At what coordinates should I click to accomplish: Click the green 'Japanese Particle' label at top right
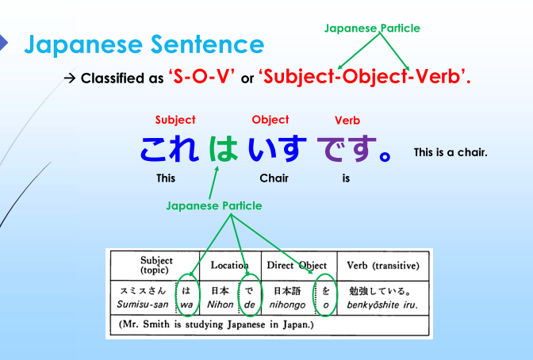(372, 29)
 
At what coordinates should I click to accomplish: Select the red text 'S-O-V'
(201, 78)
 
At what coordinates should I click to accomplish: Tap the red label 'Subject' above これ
(175, 120)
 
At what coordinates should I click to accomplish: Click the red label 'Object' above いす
(270, 120)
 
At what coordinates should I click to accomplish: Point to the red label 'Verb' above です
(347, 121)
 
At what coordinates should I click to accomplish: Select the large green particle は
(224, 149)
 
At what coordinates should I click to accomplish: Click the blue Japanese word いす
(278, 149)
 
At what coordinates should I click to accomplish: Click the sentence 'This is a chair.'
(450, 151)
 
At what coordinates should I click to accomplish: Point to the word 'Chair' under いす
(274, 178)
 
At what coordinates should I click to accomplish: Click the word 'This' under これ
(166, 178)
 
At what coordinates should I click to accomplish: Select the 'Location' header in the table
(229, 266)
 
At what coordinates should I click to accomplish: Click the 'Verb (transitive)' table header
(378, 265)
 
